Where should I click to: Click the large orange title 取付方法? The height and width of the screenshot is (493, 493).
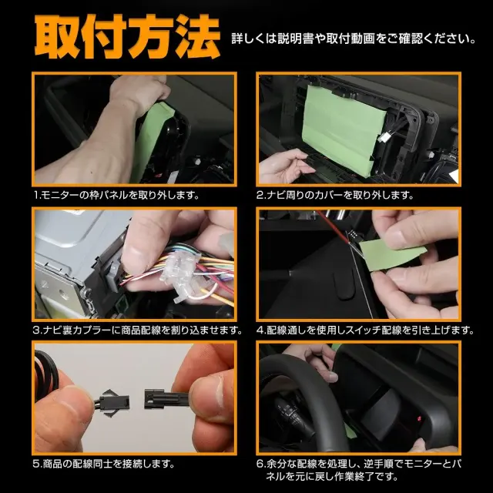(127, 37)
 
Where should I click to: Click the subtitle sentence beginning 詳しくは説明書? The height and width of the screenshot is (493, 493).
(354, 39)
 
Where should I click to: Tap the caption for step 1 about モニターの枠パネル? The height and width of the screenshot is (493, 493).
(116, 195)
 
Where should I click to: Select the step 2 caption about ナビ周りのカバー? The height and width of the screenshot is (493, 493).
(335, 195)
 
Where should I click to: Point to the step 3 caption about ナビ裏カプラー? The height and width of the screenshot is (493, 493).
(138, 330)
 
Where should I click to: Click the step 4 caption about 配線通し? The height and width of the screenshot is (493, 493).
(365, 330)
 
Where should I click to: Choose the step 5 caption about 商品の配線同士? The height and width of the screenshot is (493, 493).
(103, 464)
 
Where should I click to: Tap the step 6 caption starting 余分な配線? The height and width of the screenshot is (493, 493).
(358, 470)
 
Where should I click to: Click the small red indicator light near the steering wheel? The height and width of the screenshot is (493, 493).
(418, 418)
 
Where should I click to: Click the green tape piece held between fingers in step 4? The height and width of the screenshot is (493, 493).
(391, 254)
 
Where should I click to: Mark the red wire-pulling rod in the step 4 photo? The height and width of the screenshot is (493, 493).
(333, 227)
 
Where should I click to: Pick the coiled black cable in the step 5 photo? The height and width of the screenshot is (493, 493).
(46, 374)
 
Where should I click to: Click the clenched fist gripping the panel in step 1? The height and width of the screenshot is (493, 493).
(140, 91)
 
